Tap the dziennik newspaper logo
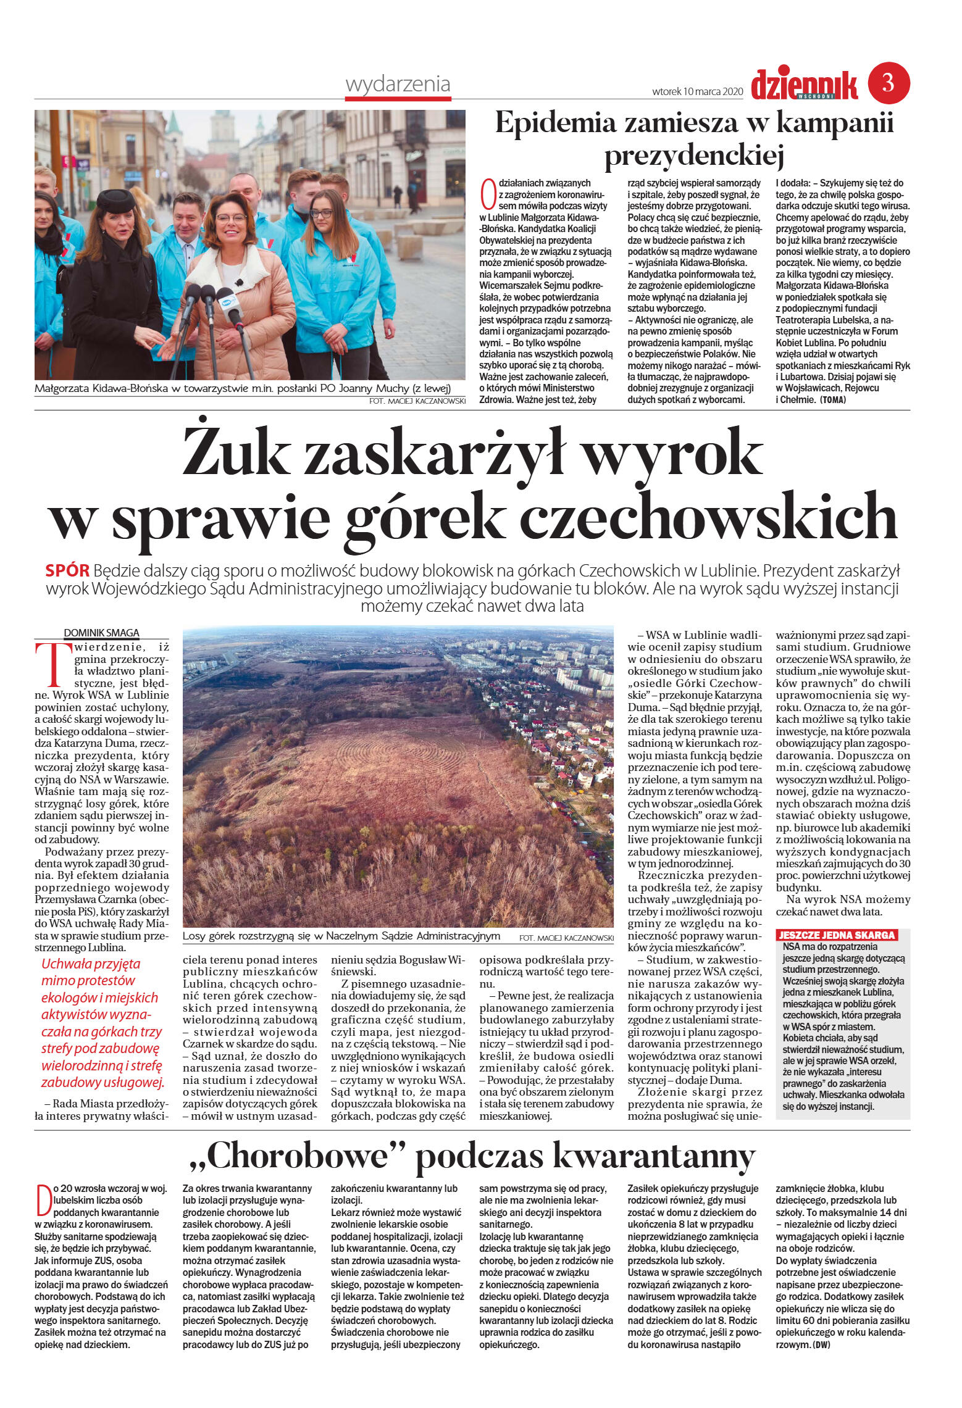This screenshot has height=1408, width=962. click(x=804, y=85)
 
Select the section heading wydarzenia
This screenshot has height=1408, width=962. click(x=398, y=84)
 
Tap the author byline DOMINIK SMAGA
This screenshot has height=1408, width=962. click(x=102, y=632)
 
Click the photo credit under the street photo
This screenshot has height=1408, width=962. click(x=416, y=401)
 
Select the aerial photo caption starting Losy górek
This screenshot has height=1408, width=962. click(x=341, y=936)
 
